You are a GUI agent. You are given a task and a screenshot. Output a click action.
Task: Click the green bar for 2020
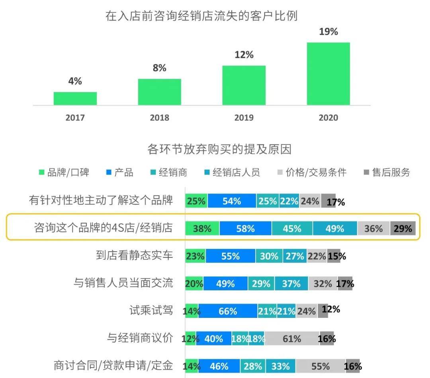[x=328, y=74]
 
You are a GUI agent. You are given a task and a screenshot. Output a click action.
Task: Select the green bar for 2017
[x=75, y=98]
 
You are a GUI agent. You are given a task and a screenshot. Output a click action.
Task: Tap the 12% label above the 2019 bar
[x=244, y=55]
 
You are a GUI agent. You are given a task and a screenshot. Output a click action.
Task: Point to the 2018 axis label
[x=159, y=118]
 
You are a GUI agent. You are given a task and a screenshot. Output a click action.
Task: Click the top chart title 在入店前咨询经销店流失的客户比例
[x=201, y=16]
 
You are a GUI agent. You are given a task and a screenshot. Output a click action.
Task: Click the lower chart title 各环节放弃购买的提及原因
[x=219, y=149]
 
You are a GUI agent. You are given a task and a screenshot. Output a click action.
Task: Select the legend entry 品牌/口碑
[x=64, y=172]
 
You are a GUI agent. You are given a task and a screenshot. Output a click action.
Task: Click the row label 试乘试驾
[x=151, y=310]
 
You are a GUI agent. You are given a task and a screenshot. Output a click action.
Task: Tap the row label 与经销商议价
[x=140, y=338]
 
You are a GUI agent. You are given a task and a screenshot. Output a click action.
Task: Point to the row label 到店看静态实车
[x=135, y=255]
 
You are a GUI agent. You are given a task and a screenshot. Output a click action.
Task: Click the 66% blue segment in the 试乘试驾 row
[x=228, y=311]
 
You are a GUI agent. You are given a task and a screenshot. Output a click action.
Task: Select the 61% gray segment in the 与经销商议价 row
[x=292, y=339]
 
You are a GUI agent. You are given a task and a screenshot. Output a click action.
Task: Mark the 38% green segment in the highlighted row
[x=202, y=229]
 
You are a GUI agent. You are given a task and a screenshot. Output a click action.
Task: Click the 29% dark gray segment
[x=403, y=229]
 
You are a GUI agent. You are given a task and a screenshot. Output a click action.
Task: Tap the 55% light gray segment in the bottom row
[x=321, y=366]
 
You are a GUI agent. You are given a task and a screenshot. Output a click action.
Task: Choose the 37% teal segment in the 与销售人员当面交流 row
[x=291, y=284]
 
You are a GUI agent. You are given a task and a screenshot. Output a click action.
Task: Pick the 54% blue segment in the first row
[x=232, y=201]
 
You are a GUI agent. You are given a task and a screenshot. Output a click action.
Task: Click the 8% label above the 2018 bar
[x=159, y=68]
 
